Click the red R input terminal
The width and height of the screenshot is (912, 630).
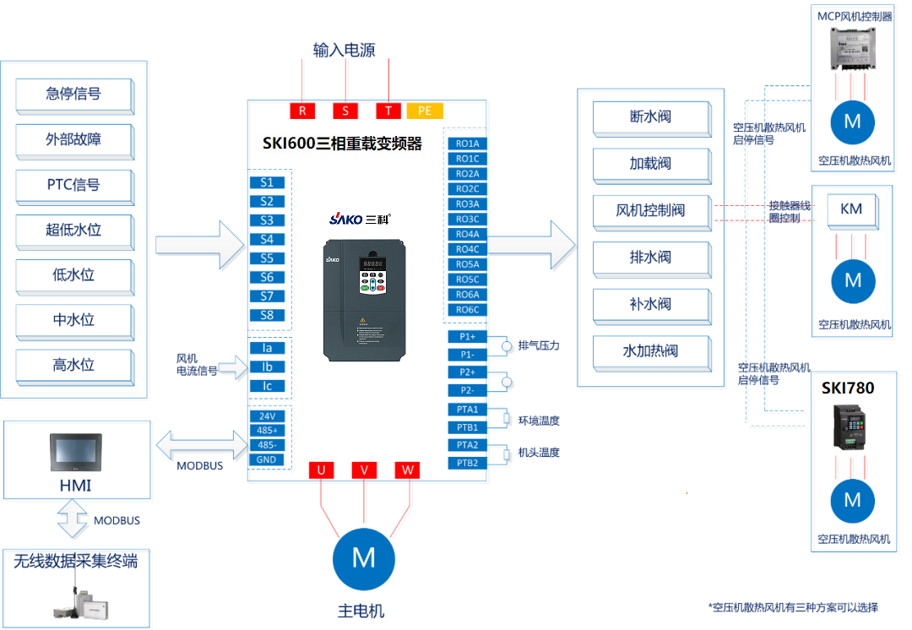point(302,111)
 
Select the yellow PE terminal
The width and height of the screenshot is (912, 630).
point(425,111)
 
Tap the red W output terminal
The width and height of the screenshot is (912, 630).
point(407,470)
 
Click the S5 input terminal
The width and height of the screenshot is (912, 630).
point(267,258)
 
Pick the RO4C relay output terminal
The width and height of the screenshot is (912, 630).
point(467,249)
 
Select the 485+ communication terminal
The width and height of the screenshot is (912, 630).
point(267,430)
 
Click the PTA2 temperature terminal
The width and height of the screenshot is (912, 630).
point(467,445)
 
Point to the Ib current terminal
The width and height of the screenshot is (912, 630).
point(267,367)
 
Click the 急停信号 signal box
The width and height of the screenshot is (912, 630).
point(74,95)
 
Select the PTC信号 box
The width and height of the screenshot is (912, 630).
point(74,185)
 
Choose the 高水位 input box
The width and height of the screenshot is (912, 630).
point(74,366)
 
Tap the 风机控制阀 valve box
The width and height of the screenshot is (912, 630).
point(650,210)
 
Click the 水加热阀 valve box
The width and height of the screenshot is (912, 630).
point(650,350)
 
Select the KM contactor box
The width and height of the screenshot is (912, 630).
point(851,208)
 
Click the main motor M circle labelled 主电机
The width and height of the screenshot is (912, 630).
point(363,557)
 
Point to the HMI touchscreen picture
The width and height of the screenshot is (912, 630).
point(75,453)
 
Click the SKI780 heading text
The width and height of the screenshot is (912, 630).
point(848,388)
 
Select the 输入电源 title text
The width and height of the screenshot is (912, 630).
point(344,51)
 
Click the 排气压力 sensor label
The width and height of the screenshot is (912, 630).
point(539,345)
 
